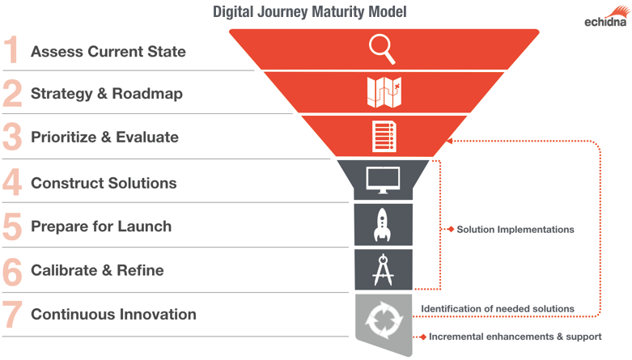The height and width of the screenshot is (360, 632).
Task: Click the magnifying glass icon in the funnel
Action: click(x=382, y=49)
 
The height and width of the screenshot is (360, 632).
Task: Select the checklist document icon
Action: click(x=383, y=135)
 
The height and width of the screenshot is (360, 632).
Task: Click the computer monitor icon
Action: click(x=383, y=179)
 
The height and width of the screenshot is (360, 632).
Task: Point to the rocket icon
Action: click(x=383, y=225)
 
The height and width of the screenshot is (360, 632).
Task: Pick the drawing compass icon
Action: click(x=383, y=269)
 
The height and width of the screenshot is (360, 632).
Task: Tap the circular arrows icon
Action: click(x=383, y=317)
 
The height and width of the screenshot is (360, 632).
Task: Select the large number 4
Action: click(x=12, y=182)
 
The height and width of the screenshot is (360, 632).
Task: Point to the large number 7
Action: click(x=12, y=314)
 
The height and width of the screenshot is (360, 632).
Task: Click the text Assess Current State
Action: click(x=108, y=52)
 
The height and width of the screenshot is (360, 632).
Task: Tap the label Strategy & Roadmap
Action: click(x=106, y=94)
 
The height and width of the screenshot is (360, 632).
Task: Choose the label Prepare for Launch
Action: click(x=100, y=227)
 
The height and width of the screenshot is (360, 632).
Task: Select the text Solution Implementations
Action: click(x=515, y=230)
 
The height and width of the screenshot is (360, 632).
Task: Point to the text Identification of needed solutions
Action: click(x=498, y=308)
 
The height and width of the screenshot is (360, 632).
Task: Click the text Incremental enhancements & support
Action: click(x=515, y=337)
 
